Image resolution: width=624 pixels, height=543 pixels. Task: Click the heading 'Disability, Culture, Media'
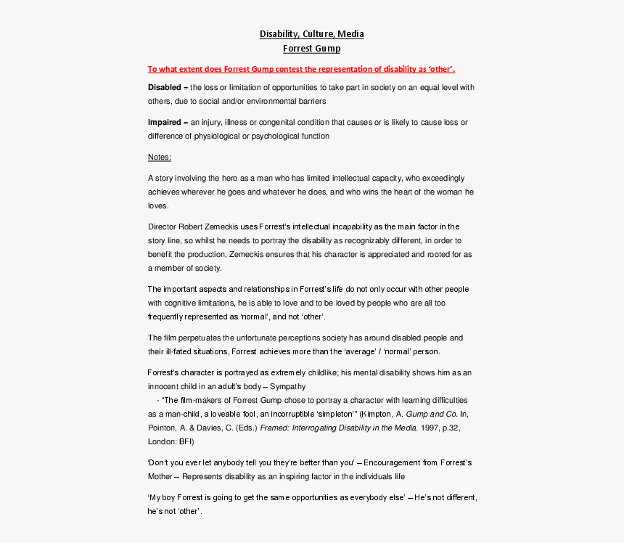tap(312, 34)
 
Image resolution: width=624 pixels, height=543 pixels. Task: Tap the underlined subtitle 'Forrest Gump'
tap(311, 49)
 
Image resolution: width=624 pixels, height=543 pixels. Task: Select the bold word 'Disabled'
tap(164, 88)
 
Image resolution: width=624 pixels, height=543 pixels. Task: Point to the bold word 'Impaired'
tap(164, 123)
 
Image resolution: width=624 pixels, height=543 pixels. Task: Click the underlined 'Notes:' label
tap(160, 158)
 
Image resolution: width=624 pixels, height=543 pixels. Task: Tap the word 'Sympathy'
tap(288, 386)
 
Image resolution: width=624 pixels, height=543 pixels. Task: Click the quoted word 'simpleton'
tap(333, 414)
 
